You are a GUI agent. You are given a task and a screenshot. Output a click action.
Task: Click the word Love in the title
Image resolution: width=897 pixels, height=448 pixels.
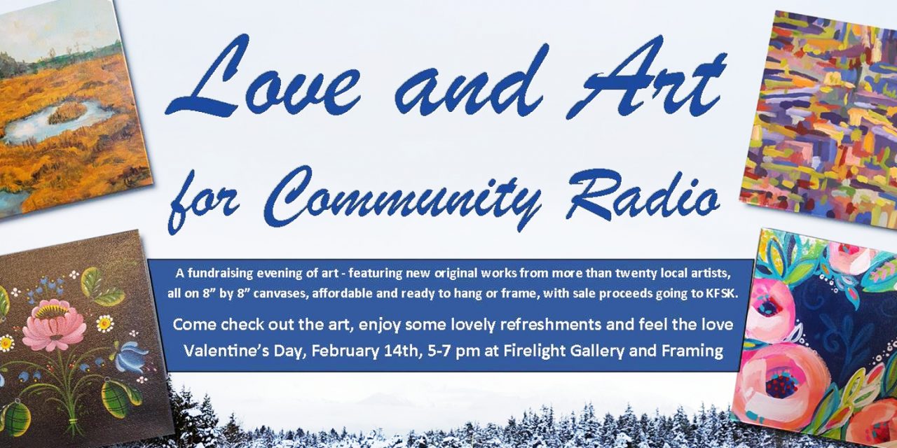tap(263, 76)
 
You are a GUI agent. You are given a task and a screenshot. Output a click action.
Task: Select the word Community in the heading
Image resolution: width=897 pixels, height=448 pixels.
tap(404, 196)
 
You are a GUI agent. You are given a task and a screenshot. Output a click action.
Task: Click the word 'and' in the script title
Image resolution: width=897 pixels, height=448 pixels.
tap(470, 80)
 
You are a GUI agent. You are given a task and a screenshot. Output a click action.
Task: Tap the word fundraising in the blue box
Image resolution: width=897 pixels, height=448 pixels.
tap(221, 274)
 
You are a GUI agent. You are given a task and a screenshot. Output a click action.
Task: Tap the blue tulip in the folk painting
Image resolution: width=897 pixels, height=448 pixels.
tap(129, 357)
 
